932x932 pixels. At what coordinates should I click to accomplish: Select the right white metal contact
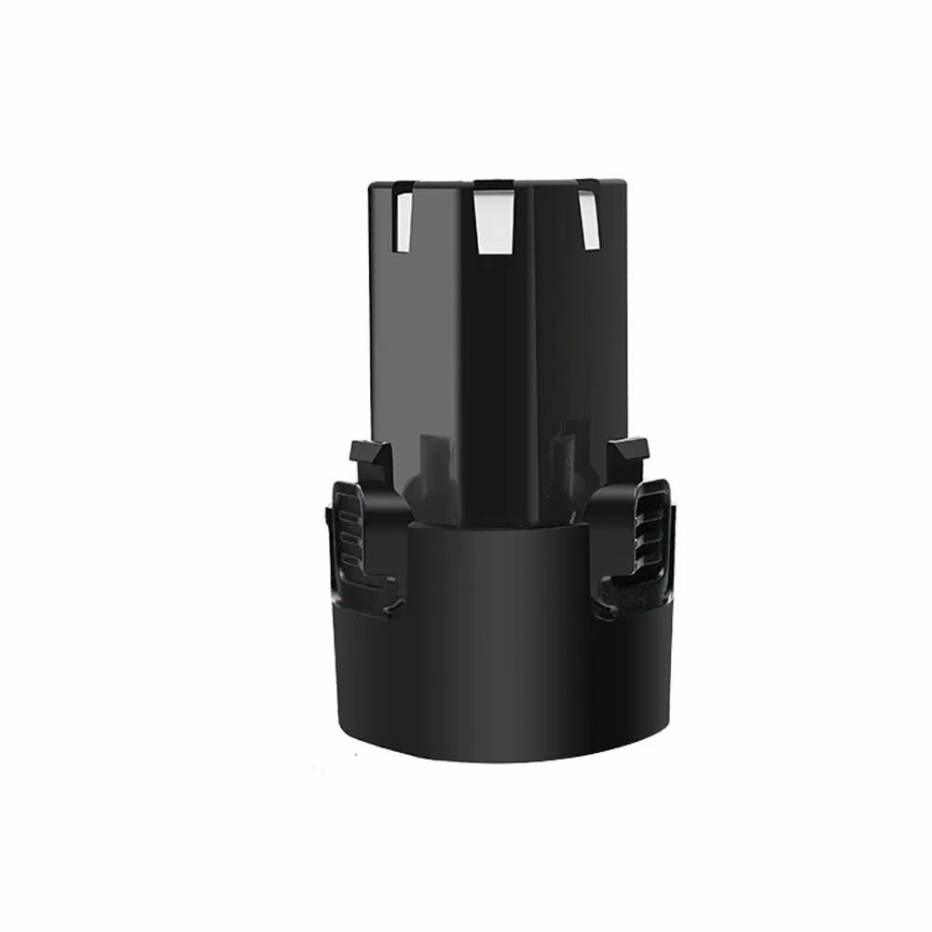586,221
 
